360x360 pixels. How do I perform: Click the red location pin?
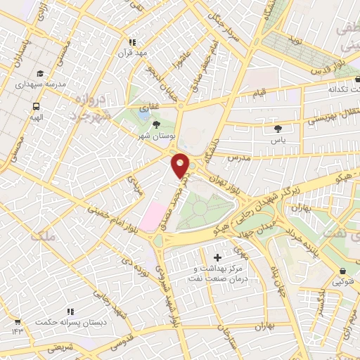181,165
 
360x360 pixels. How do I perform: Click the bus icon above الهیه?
34,106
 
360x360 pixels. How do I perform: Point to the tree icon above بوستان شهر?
165,124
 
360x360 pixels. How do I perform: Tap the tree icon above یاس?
279,129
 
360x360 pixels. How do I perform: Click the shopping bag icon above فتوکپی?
342,271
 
